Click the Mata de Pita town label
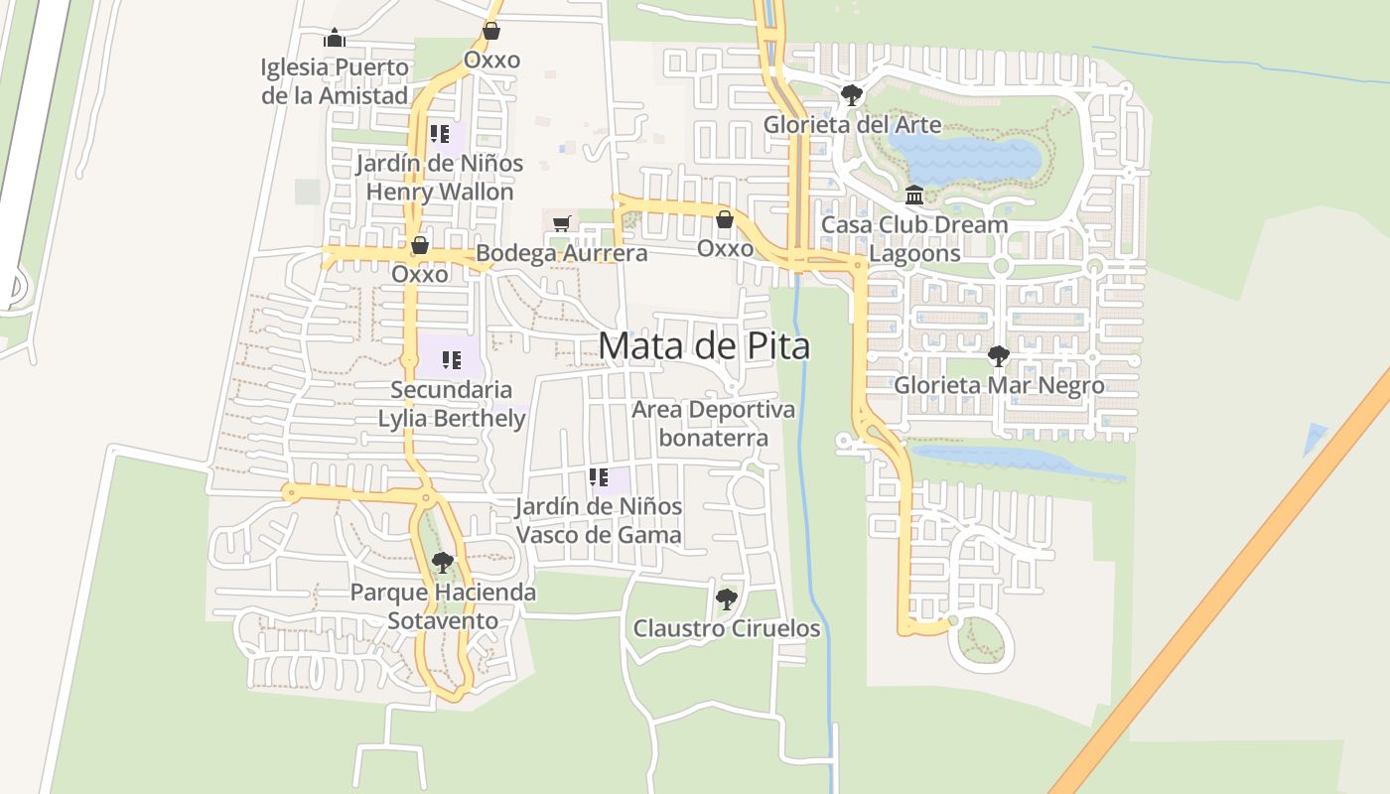(x=704, y=345)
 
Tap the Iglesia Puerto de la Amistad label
(x=335, y=81)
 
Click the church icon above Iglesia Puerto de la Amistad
(x=335, y=39)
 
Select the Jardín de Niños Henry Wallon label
(x=440, y=177)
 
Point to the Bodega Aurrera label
(x=561, y=253)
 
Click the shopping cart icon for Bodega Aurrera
(x=562, y=223)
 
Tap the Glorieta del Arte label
(x=852, y=125)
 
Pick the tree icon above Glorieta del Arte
(x=851, y=95)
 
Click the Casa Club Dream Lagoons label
(x=914, y=238)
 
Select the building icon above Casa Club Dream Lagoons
(x=914, y=195)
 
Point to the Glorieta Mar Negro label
(x=999, y=385)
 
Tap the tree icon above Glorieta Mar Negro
(x=999, y=355)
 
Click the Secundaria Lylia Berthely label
(x=452, y=404)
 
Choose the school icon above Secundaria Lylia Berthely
(x=452, y=360)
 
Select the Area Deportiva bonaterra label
(x=713, y=424)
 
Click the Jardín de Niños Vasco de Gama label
(x=599, y=520)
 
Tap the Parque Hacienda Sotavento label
(x=443, y=606)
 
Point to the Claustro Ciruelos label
(x=727, y=628)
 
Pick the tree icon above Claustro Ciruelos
(x=727, y=598)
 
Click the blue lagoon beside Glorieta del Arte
(x=963, y=159)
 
